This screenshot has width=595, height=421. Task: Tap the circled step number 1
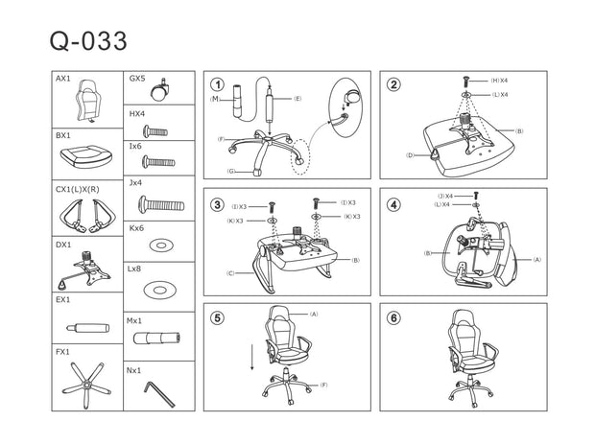(x=218, y=85)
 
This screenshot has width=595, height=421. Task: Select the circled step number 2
(x=393, y=84)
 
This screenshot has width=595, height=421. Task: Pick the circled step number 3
(x=218, y=204)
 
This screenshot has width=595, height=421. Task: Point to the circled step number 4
(x=393, y=204)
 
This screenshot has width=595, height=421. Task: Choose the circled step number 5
(x=218, y=318)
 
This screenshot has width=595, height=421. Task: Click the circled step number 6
(x=393, y=318)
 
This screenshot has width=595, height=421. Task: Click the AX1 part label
(x=62, y=78)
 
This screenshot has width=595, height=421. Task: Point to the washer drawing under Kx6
(x=161, y=246)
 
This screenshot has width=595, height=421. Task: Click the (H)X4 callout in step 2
(x=499, y=81)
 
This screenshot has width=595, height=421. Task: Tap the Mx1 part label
(x=134, y=320)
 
